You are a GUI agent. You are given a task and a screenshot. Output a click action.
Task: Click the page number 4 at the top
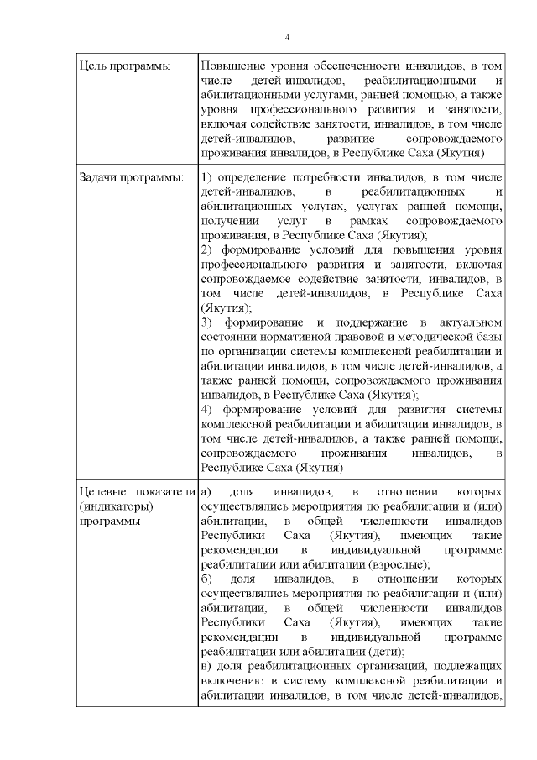(288, 38)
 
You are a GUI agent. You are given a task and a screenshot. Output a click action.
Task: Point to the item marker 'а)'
(207, 490)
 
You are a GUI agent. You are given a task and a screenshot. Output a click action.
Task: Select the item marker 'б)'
(207, 579)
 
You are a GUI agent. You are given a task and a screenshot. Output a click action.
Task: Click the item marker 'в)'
(206, 667)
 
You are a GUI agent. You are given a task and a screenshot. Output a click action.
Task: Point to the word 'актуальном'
(467, 322)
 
